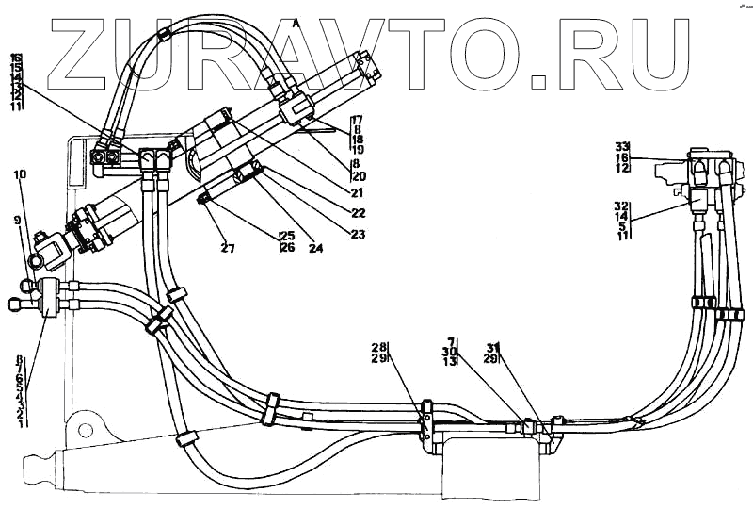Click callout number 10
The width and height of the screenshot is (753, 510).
tap(21, 174)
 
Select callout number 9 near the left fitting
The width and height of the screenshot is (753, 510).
tap(16, 221)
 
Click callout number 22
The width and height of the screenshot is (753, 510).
tap(356, 212)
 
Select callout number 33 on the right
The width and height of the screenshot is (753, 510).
tap(621, 146)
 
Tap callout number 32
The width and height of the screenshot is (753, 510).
tap(620, 206)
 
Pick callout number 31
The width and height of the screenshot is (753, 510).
tap(493, 347)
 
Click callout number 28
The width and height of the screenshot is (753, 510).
tap(379, 347)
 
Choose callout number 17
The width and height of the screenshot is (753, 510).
tap(357, 120)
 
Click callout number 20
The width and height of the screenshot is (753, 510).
tap(359, 175)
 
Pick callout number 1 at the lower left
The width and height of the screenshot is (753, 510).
tap(20, 423)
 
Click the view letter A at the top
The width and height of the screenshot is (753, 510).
tap(296, 21)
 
